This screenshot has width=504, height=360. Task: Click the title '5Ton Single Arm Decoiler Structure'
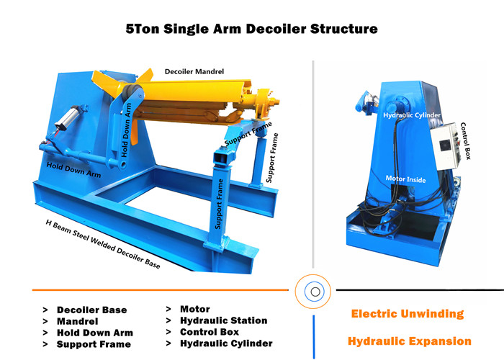click(x=252, y=29)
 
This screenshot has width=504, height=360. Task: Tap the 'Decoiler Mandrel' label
click(x=194, y=71)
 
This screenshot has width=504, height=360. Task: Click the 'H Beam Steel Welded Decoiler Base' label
click(x=103, y=244)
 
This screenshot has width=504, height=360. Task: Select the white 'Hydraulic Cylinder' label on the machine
click(x=412, y=114)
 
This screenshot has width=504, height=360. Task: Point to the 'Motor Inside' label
click(x=405, y=179)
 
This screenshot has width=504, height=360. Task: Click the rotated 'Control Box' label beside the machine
click(x=466, y=141)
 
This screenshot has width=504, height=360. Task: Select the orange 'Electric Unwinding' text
click(x=408, y=314)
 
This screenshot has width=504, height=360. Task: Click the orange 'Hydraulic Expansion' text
click(x=410, y=341)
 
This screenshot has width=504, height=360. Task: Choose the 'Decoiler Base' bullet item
click(x=91, y=310)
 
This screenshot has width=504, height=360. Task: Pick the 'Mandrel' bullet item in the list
click(x=77, y=321)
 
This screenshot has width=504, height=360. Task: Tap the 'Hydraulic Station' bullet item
click(x=223, y=320)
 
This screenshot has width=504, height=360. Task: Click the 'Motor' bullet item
click(x=195, y=309)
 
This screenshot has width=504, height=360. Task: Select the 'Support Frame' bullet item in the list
click(x=94, y=344)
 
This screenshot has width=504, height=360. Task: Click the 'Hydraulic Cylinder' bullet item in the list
click(x=226, y=343)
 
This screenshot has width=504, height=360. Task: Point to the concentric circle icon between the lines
click(x=313, y=292)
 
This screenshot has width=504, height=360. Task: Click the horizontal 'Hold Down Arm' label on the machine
click(x=73, y=169)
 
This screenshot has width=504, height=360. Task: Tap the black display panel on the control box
click(x=444, y=145)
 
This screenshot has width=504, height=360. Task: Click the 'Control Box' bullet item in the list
click(x=210, y=332)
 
